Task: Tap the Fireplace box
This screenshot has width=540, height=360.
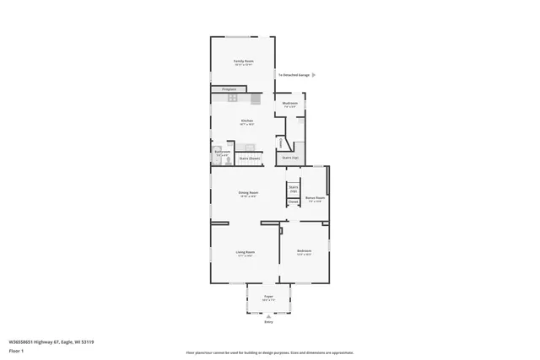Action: pos(228,89)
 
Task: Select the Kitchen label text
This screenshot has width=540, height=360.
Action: pos(246,121)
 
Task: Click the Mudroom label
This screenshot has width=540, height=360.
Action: pos(290,105)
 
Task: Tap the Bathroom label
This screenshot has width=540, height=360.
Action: pos(222,153)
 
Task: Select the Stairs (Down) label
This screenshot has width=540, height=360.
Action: pos(249,158)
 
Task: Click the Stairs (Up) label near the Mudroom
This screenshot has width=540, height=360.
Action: pos(290,158)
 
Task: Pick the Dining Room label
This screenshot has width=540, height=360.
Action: pos(247,193)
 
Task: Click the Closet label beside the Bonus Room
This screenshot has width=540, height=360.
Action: pos(293,201)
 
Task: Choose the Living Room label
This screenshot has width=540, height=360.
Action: pos(245,252)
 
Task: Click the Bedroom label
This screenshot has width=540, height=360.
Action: pos(304,252)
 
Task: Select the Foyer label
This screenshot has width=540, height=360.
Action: pos(268,298)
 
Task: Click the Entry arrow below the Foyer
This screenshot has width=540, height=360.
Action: pos(268,316)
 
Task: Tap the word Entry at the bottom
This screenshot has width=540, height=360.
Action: pos(268,322)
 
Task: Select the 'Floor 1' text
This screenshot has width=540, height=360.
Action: pos(16,351)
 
